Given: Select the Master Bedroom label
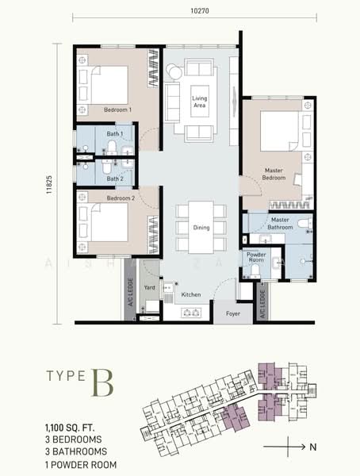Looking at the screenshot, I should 274,174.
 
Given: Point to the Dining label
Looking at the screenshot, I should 201,228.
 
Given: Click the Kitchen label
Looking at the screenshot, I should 191,295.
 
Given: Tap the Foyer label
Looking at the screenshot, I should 232,313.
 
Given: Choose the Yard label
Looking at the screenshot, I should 148,288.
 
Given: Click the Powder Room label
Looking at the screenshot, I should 256,256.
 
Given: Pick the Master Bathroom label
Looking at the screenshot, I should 279,224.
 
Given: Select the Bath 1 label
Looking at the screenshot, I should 114,135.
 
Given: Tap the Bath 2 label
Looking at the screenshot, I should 114,178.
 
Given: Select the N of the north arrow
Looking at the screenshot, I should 313,447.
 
